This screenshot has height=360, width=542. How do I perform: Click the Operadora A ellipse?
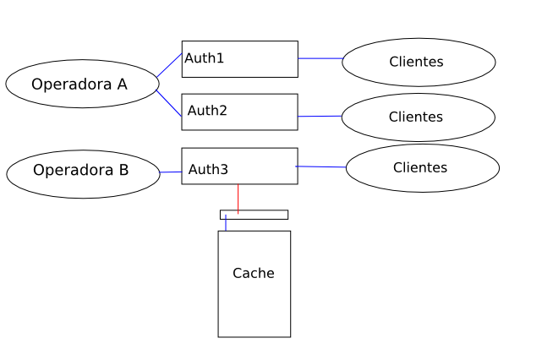tap(81, 84)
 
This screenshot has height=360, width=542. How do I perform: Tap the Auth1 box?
tap(239, 59)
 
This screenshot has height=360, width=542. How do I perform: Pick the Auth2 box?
tap(239, 112)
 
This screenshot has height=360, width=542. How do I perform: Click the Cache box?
tap(254, 296)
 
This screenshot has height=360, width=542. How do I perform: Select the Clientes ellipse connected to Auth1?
tap(419, 62)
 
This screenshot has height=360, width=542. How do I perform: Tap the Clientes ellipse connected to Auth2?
tap(418, 117)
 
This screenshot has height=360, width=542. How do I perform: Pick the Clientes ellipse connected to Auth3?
tap(422, 168)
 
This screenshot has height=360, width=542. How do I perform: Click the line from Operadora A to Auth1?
tap(169, 65)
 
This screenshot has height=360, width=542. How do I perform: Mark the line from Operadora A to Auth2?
tap(169, 103)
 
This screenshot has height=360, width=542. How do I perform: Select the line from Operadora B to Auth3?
tap(171, 172)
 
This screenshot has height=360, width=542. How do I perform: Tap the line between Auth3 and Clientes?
tap(321, 166)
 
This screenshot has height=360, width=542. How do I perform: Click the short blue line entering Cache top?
tap(226, 223)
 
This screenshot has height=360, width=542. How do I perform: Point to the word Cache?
tap(254, 273)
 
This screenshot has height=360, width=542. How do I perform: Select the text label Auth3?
tap(208, 170)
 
